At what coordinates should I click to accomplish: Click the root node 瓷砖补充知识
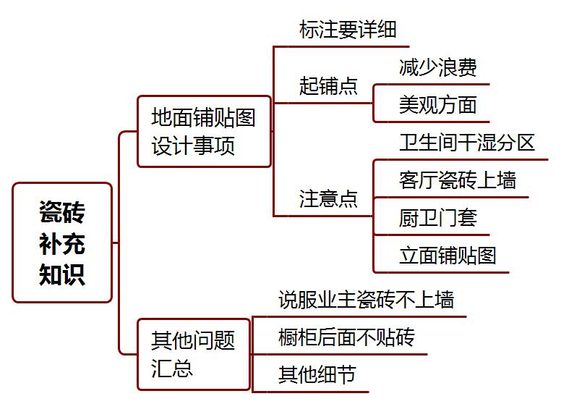point(62,243)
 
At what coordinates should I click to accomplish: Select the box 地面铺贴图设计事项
point(204,132)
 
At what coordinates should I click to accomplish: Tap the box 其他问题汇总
point(193,353)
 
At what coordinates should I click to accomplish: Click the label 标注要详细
point(348,31)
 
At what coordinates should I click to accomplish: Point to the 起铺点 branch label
point(328,86)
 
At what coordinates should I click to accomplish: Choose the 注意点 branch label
point(328,199)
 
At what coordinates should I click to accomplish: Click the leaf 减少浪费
point(437,68)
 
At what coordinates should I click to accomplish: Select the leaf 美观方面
point(437,105)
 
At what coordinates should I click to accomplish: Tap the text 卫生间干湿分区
point(466,143)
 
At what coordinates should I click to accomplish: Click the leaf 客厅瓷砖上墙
point(457,180)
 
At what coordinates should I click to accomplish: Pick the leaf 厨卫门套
point(437,218)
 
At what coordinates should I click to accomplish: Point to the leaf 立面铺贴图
point(447,256)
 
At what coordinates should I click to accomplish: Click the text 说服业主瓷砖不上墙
point(366,300)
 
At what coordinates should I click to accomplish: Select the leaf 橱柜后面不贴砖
point(346,337)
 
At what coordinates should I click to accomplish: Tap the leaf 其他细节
point(317,375)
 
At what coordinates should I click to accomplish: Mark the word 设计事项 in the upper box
point(193,147)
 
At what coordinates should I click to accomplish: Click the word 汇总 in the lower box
point(172,368)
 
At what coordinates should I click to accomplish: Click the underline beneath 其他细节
point(318,392)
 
